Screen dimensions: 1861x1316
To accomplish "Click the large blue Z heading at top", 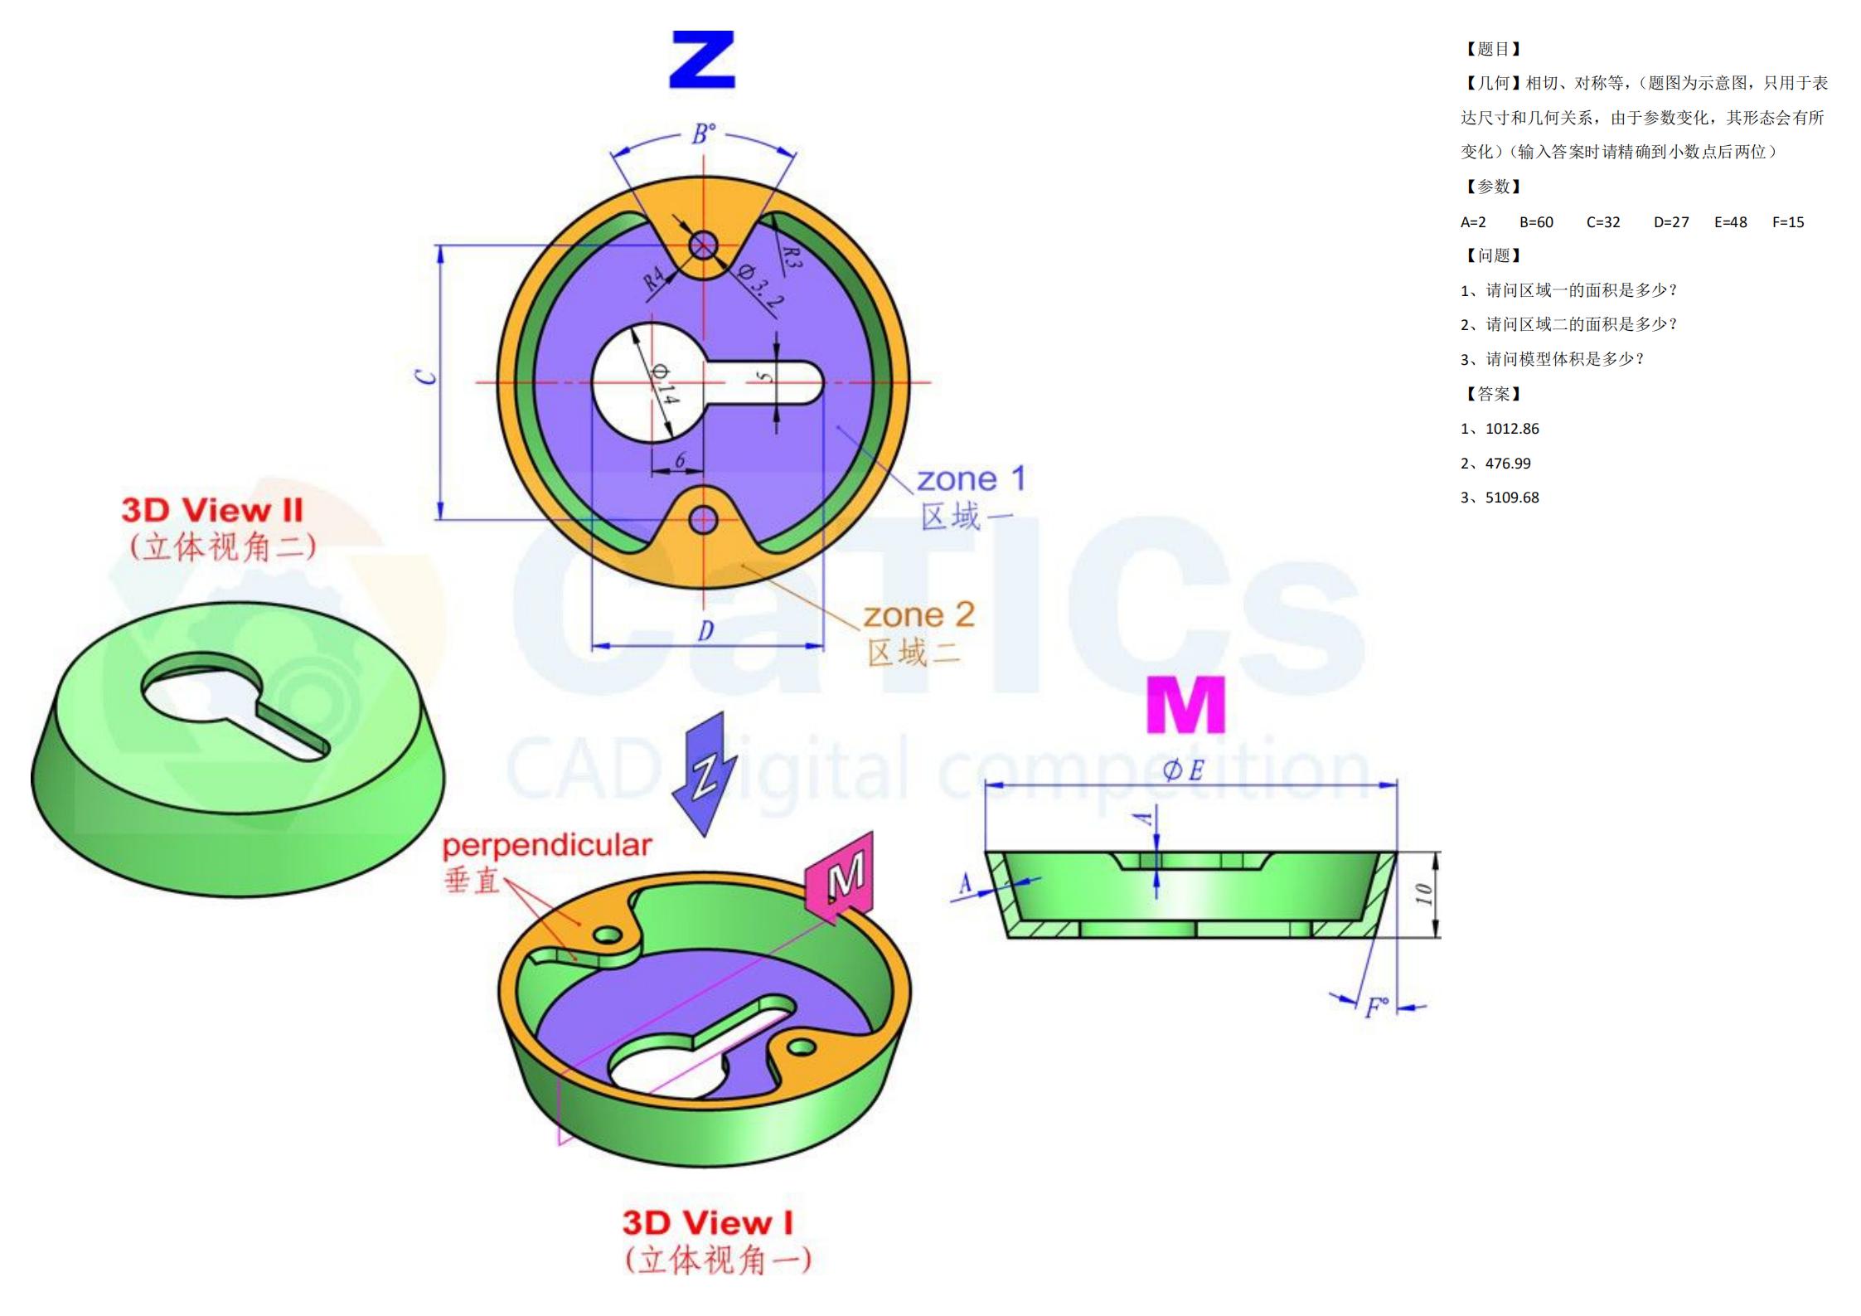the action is tap(702, 60).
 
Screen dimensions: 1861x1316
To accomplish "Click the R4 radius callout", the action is tap(654, 279).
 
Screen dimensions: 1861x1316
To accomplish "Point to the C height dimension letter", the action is tap(426, 377).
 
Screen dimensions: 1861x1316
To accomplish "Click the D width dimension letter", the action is tap(705, 632).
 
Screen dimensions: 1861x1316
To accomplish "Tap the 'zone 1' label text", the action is tap(971, 479).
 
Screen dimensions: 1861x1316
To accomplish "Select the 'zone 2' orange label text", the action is tap(918, 615).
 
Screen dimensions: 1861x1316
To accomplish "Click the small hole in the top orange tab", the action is tap(703, 245).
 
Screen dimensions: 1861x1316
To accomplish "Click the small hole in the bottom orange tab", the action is tap(703, 520).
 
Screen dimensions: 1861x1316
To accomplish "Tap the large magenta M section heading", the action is tap(1185, 705).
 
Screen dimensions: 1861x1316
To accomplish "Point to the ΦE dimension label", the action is tap(1183, 771).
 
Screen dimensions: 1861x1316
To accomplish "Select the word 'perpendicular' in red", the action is tap(546, 846).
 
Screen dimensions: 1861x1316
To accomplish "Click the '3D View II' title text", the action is tap(212, 510).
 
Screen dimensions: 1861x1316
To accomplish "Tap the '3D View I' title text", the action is tap(708, 1223).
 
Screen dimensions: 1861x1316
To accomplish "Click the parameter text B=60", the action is tap(1536, 222).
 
